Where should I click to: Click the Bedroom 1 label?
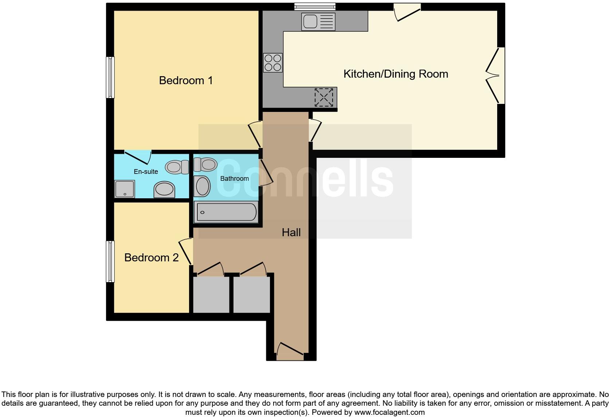point(186,80)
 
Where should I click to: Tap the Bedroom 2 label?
point(151,257)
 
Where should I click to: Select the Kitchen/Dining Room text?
point(396,74)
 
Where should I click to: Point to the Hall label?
point(291,232)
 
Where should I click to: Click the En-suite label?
point(146,171)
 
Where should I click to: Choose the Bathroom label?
point(234,178)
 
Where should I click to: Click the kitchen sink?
point(318,22)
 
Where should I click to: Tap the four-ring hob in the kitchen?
point(273,63)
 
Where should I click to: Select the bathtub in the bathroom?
point(226,212)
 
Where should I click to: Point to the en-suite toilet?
point(176,167)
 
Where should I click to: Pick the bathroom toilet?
point(205,164)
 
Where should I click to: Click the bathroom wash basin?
point(203,186)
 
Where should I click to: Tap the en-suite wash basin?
point(164,190)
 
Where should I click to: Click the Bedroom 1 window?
point(110,77)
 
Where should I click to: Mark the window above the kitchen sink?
point(315,6)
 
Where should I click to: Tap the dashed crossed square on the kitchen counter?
point(323,97)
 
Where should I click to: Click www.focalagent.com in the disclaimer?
point(389,412)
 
